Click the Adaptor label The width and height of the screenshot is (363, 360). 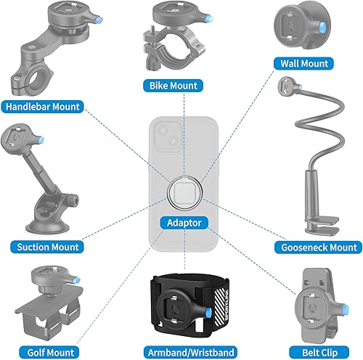(x=181, y=223)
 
